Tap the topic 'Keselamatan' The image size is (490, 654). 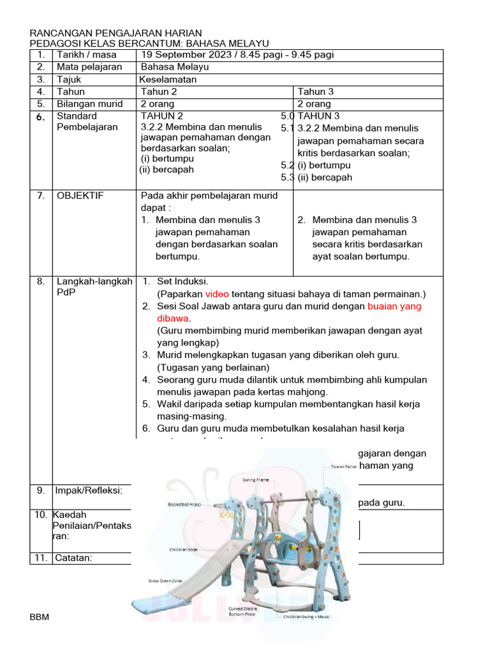click(168, 80)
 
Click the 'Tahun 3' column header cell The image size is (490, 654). click(315, 92)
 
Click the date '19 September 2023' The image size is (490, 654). click(180, 55)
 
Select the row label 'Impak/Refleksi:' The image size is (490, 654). click(89, 490)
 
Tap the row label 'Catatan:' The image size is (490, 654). click(75, 558)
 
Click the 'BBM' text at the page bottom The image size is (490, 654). click(40, 618)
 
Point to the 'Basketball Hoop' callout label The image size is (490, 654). click(184, 504)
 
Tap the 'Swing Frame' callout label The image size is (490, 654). click(255, 480)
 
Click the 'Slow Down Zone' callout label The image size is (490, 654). click(165, 581)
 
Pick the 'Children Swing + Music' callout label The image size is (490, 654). click(307, 617)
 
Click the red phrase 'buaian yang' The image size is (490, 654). click(394, 307)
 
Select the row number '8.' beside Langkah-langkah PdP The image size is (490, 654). click(41, 282)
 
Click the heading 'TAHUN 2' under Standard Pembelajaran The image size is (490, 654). click(162, 116)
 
